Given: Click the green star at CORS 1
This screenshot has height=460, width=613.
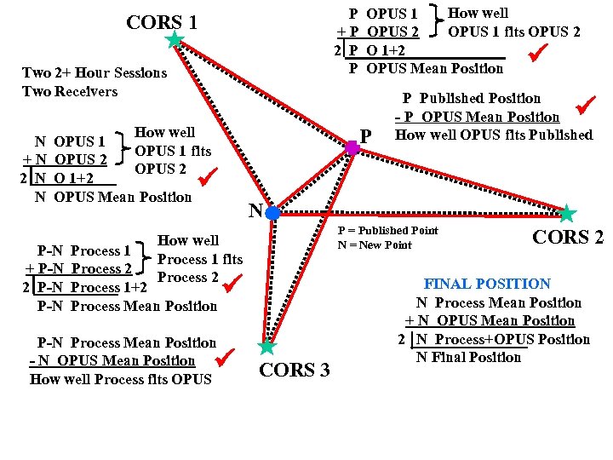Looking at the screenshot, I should (175, 39).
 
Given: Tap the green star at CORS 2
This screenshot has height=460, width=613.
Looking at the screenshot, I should (567, 213).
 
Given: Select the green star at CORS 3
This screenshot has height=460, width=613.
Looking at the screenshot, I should (267, 346).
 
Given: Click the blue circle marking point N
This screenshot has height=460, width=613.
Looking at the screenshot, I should (272, 213).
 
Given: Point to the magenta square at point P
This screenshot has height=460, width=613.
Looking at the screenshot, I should (352, 147).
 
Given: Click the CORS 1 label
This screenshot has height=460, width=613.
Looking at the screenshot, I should (162, 22).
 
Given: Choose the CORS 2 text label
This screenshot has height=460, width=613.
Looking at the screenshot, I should (567, 237).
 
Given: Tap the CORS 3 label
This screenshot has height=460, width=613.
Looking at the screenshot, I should (294, 371).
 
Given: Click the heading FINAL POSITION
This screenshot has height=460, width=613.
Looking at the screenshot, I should (487, 284).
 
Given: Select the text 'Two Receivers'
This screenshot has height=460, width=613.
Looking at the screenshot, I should (70, 91).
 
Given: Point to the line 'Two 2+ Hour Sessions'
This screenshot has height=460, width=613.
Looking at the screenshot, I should (95, 73).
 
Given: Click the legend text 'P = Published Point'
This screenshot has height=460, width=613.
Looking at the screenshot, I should (387, 231).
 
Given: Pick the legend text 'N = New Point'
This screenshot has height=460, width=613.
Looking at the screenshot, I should (375, 245).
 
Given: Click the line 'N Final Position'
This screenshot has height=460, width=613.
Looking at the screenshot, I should (468, 358).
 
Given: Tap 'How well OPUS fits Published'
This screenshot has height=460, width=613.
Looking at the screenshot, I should (494, 135).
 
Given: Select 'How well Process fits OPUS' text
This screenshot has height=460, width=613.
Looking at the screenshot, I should (120, 379).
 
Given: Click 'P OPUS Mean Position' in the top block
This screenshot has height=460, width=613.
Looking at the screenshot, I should (427, 68).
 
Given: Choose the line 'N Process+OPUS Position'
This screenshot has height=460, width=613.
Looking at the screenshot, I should (502, 339).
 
